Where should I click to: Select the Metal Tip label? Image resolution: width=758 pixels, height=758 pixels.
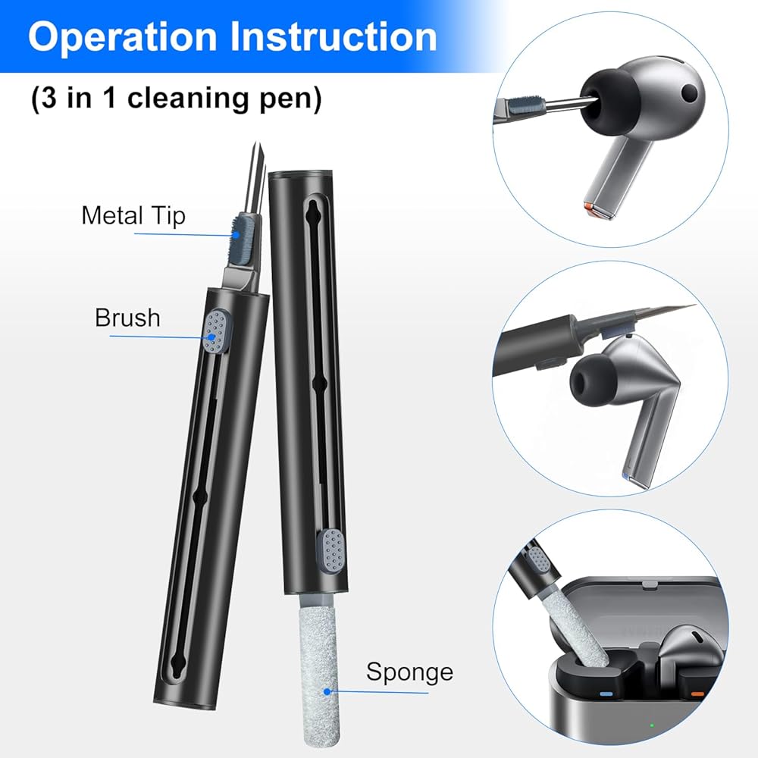(133, 215)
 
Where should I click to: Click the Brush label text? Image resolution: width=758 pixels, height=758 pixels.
(127, 318)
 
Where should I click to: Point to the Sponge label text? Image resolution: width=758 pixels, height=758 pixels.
(409, 672)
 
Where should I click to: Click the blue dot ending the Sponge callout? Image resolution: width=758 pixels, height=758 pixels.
(327, 692)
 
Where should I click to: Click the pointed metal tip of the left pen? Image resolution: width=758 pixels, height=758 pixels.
(257, 145)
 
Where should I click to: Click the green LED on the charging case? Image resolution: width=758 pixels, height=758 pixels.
(652, 725)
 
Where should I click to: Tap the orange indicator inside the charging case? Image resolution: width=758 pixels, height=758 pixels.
(697, 694)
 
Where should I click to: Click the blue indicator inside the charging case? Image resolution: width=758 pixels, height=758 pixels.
(606, 694)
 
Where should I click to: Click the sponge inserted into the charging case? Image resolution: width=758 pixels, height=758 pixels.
(576, 629)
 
